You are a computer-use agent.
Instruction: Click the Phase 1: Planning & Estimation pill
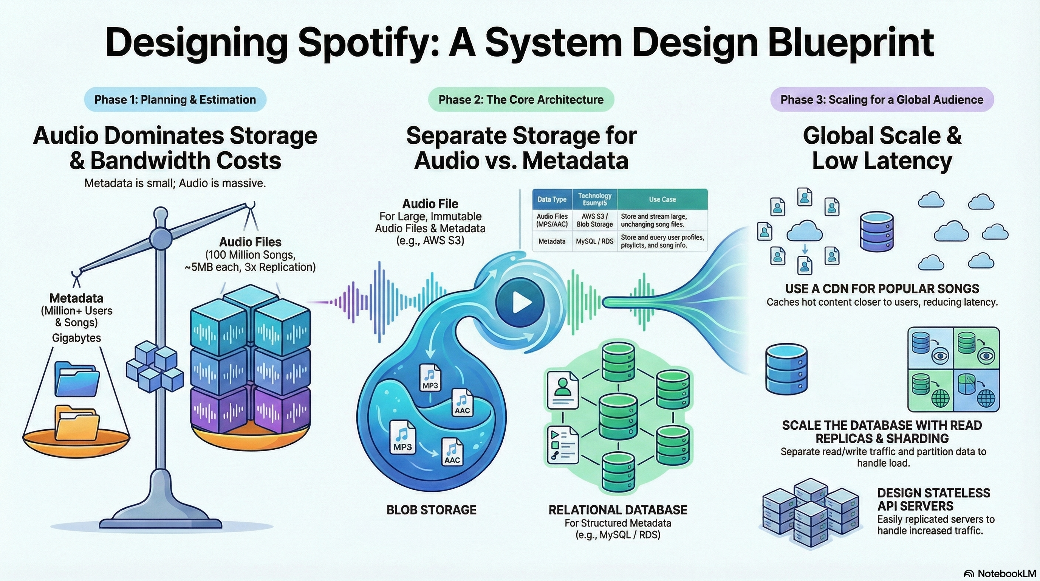tap(175, 99)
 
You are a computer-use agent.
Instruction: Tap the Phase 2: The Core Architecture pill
tap(521, 99)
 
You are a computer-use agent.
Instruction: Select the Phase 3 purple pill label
tap(882, 99)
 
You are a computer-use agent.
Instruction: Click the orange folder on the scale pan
tap(77, 423)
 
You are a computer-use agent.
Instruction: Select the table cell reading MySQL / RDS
tap(594, 241)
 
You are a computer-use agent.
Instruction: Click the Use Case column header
tap(662, 199)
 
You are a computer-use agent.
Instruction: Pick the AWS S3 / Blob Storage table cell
tap(594, 220)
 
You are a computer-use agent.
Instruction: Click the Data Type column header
tap(551, 199)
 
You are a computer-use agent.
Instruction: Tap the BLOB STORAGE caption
tap(431, 510)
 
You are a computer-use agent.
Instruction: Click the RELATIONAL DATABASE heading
tap(618, 510)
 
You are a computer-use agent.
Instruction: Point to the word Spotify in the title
tap(389, 43)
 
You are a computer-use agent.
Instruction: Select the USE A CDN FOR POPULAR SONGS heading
tap(882, 289)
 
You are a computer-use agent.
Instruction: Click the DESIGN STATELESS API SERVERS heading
tap(933, 499)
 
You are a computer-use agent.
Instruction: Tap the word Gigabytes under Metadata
tap(76, 338)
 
